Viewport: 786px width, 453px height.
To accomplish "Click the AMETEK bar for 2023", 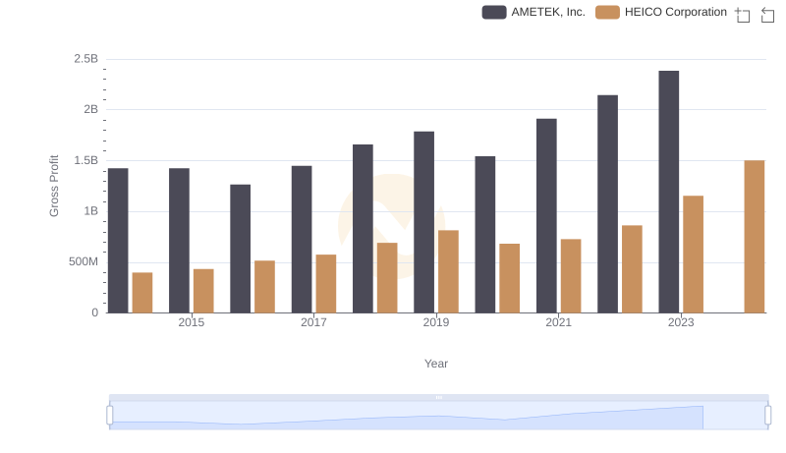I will point(668,192).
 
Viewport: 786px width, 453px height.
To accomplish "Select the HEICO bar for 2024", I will point(754,236).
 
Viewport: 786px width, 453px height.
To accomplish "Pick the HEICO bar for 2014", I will point(142,292).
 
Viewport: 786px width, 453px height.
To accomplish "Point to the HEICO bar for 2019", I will point(448,271).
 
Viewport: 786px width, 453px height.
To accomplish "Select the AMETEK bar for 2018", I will point(363,228).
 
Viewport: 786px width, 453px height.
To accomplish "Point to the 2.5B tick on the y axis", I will point(85,59).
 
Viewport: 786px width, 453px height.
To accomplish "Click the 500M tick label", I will point(83,262).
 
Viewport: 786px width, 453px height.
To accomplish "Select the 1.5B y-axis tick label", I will point(85,160).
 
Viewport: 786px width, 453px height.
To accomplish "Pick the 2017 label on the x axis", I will point(313,322).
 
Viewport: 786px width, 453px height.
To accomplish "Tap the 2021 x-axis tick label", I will point(558,322).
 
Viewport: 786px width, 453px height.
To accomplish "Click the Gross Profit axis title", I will point(55,186).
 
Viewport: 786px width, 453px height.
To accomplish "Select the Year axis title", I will point(436,364).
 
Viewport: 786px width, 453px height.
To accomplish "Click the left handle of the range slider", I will point(110,416).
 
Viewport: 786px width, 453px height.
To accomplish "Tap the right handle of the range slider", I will point(768,416).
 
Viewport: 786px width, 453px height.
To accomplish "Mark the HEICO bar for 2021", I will point(571,275).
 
